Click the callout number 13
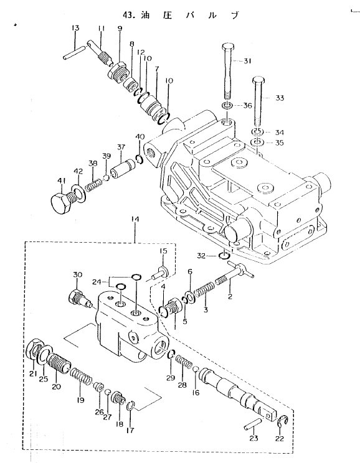point(75,28)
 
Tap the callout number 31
point(247,61)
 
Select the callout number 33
point(280,98)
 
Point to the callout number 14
point(135,220)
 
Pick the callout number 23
point(253,438)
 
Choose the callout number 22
point(279,439)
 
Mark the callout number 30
point(77,275)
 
